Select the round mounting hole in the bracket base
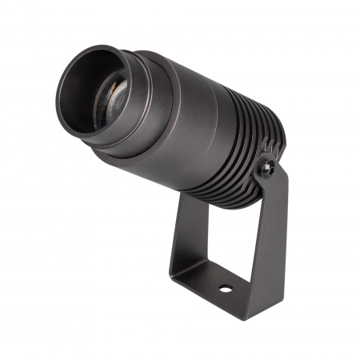click(x=226, y=286)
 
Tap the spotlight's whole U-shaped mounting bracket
click(x=240, y=256)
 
